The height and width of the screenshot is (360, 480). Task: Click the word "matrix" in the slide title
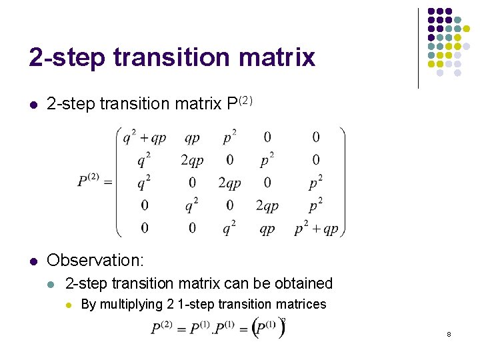coord(281,57)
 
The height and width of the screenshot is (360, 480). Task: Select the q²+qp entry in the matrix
coord(144,138)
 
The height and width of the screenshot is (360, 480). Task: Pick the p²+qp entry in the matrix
coord(317,229)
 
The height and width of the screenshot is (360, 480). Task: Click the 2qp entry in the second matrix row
coord(192,161)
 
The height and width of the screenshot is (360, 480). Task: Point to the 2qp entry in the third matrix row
coord(229,183)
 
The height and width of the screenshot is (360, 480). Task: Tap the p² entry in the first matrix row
coord(229,138)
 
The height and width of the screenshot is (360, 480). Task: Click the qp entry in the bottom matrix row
coord(267,229)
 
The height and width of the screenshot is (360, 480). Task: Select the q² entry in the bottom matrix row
coord(229,229)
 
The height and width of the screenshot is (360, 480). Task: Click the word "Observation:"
coord(95,259)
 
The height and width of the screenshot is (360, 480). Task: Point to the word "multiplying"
coord(131,305)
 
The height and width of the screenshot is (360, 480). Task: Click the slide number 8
coord(449,333)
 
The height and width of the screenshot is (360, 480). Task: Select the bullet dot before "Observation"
coord(33,260)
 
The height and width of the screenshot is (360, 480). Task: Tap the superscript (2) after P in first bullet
coord(246,100)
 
